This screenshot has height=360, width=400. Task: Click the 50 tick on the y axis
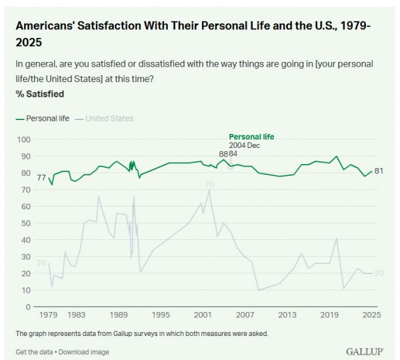click(x=25, y=223)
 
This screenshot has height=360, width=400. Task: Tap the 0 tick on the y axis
click(x=28, y=307)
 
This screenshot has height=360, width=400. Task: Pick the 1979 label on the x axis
click(x=48, y=315)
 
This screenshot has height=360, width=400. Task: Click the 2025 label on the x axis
click(x=371, y=315)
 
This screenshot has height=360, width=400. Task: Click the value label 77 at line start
click(x=41, y=178)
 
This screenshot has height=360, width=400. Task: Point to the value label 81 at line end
click(x=379, y=171)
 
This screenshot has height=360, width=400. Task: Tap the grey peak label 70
click(x=209, y=184)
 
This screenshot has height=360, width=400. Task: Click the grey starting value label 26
click(x=41, y=263)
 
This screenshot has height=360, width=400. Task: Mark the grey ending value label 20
click(x=379, y=273)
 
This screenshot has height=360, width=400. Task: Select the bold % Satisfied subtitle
click(x=39, y=94)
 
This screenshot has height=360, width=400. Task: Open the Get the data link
click(x=34, y=352)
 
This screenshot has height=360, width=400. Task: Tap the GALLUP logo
click(x=363, y=351)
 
